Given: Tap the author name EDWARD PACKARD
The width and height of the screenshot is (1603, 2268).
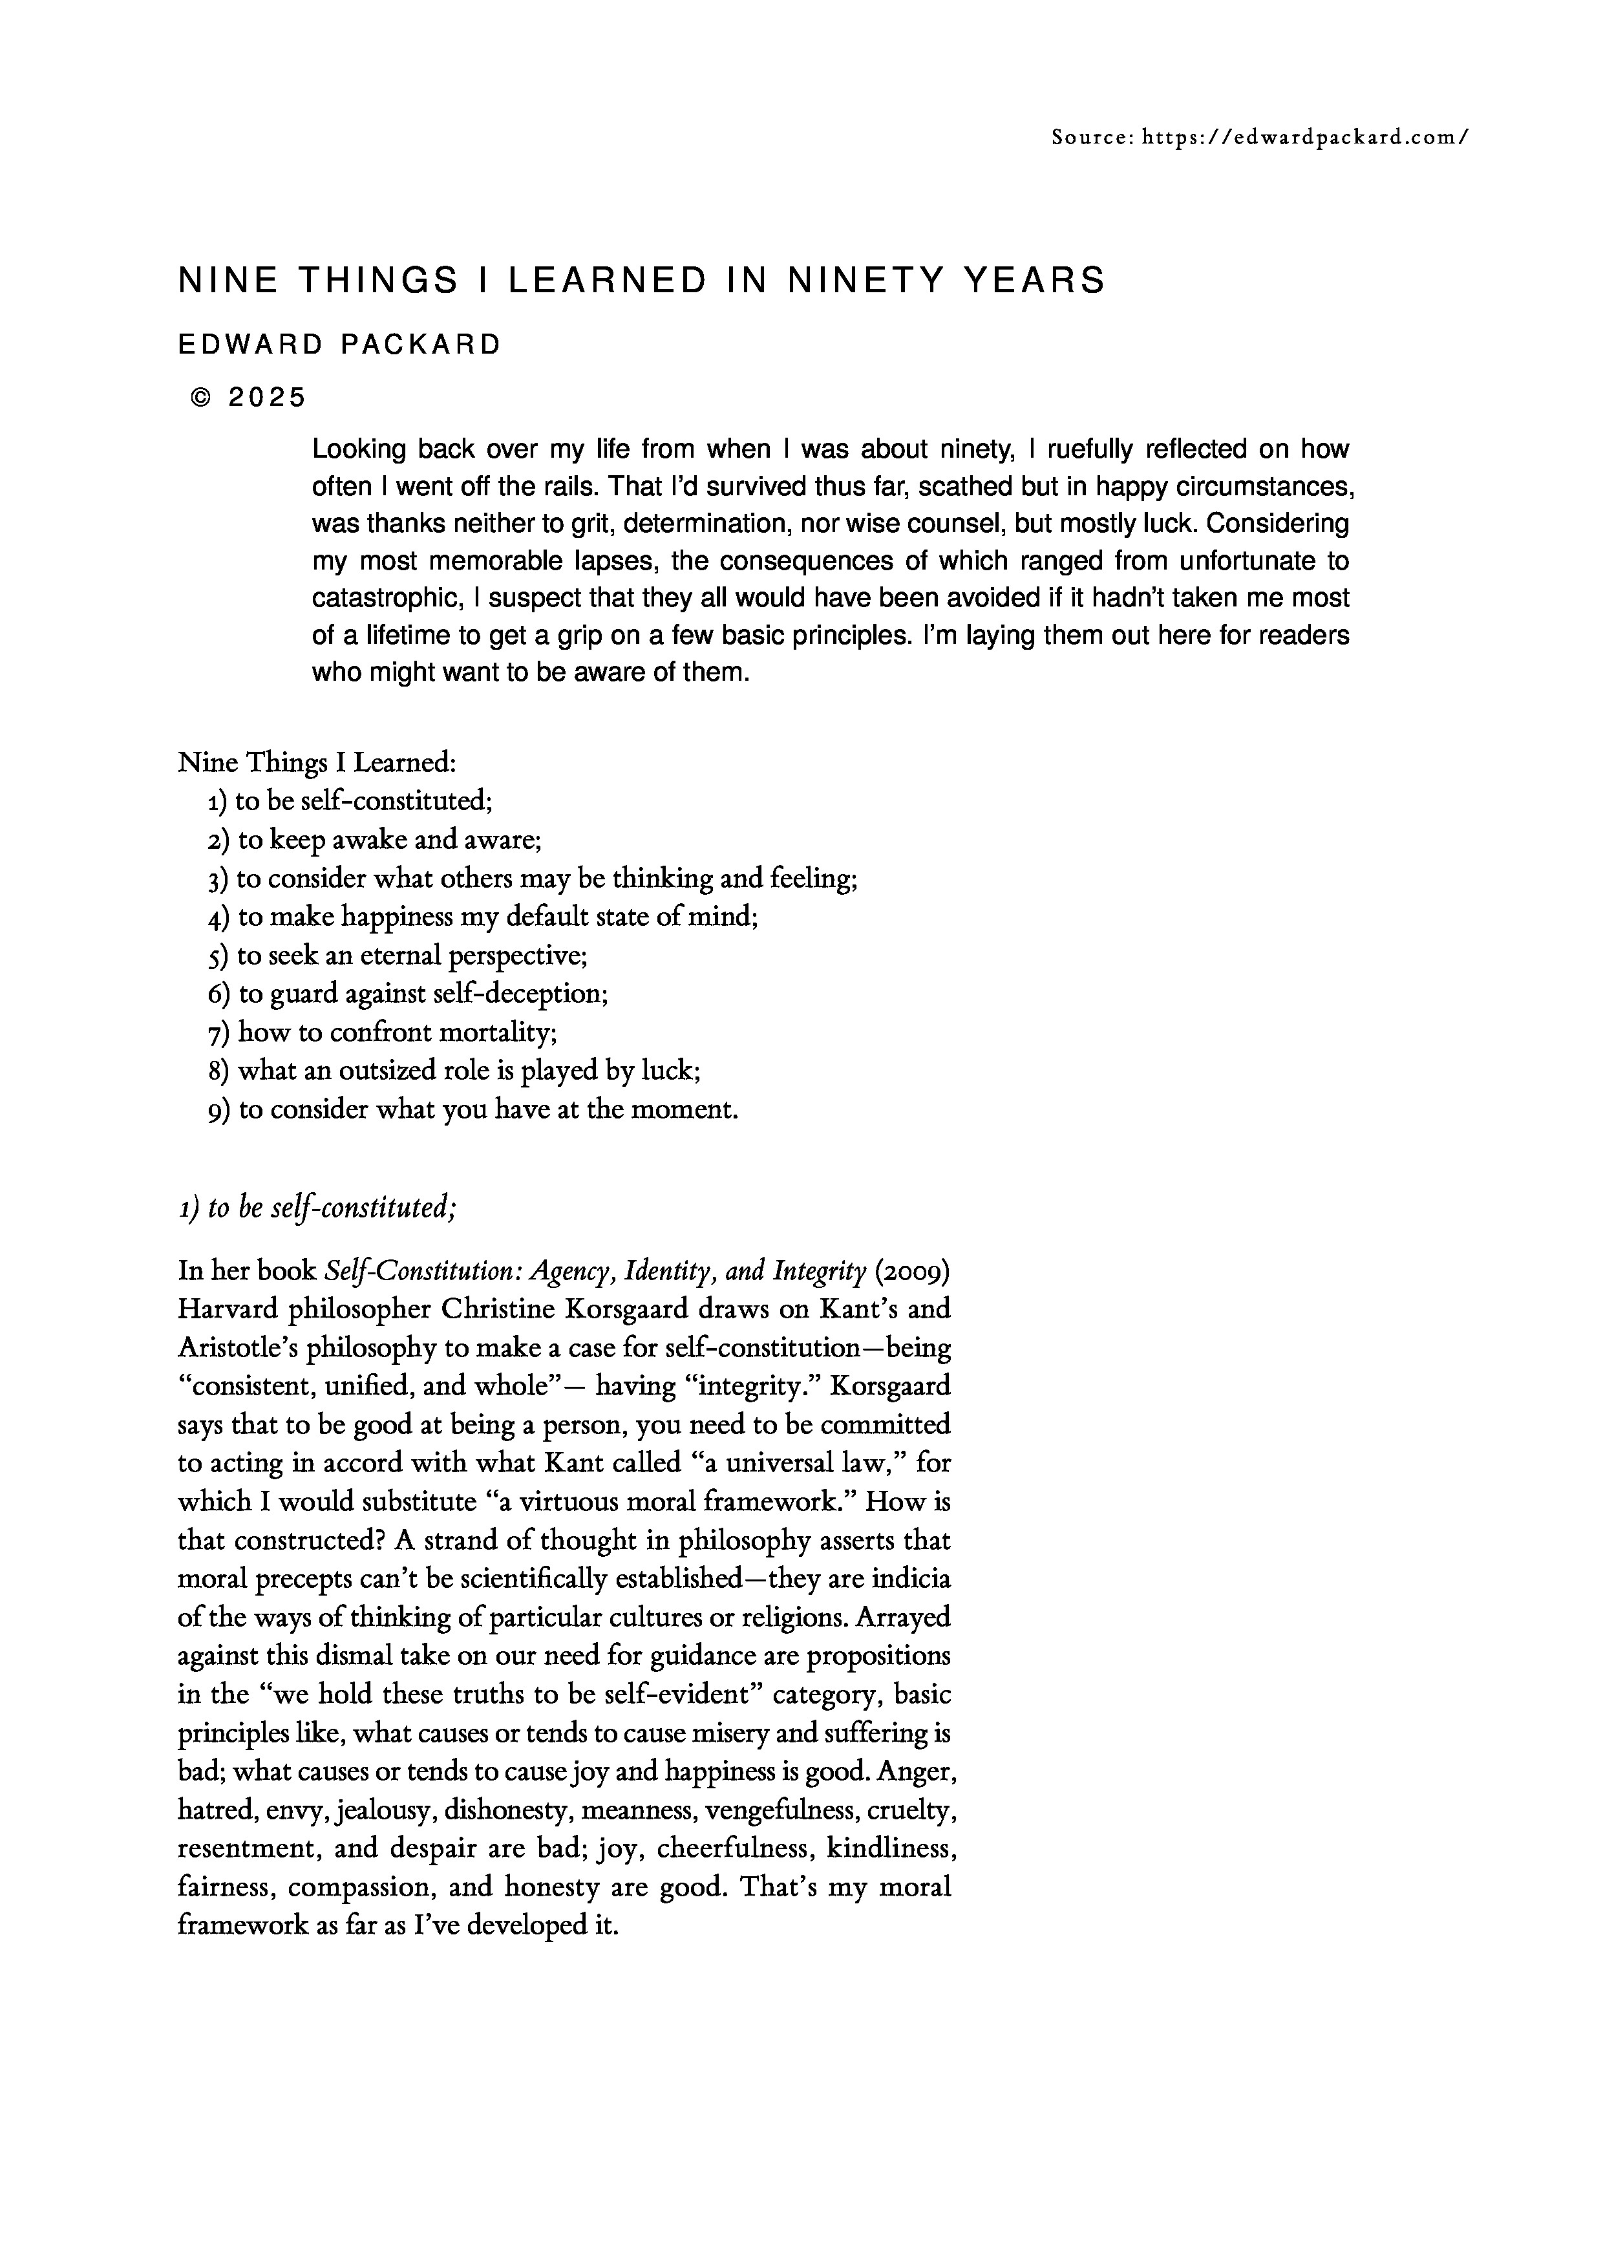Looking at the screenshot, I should coord(340,345).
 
